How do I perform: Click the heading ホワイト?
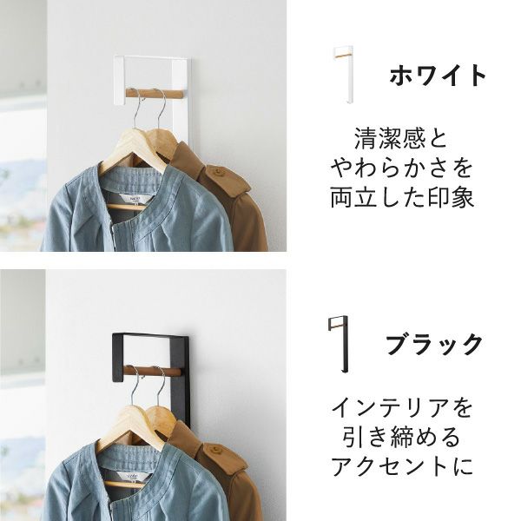click(439, 76)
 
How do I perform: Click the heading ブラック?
click(434, 345)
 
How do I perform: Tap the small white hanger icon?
click(343, 75)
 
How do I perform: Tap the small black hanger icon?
click(338, 344)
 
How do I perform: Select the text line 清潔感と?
click(402, 138)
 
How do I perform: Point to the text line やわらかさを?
click(402, 167)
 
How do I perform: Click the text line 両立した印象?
click(402, 196)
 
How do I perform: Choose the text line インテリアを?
click(402, 406)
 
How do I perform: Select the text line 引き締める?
click(402, 436)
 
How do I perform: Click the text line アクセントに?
click(402, 465)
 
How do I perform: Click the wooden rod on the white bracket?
click(154, 93)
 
